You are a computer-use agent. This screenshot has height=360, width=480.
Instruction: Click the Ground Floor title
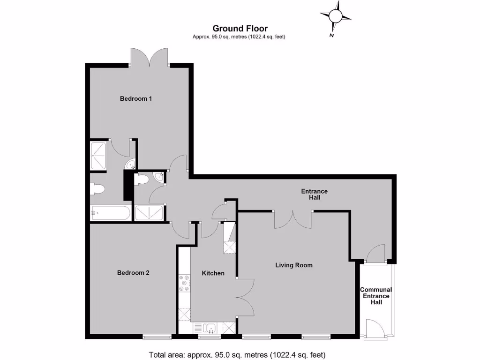click(x=240, y=29)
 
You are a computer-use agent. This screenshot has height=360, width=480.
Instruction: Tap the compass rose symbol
click(x=336, y=16)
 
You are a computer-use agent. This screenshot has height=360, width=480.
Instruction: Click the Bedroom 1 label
click(x=136, y=98)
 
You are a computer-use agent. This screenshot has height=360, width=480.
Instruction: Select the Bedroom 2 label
click(x=133, y=272)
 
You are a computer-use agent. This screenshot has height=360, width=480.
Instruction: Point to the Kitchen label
click(x=213, y=273)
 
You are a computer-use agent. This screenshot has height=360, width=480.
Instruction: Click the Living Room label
click(x=293, y=265)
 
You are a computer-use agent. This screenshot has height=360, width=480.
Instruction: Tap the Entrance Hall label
click(x=314, y=195)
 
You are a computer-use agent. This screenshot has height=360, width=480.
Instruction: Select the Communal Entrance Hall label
click(x=376, y=296)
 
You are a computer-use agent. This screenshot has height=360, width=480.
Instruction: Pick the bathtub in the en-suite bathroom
click(x=110, y=213)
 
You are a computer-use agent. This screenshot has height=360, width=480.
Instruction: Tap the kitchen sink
click(x=208, y=328)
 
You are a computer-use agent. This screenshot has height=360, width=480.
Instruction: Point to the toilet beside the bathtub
click(x=97, y=190)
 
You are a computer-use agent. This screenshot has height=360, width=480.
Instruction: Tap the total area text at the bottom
click(x=237, y=354)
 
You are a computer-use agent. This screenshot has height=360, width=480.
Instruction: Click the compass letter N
click(x=331, y=35)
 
